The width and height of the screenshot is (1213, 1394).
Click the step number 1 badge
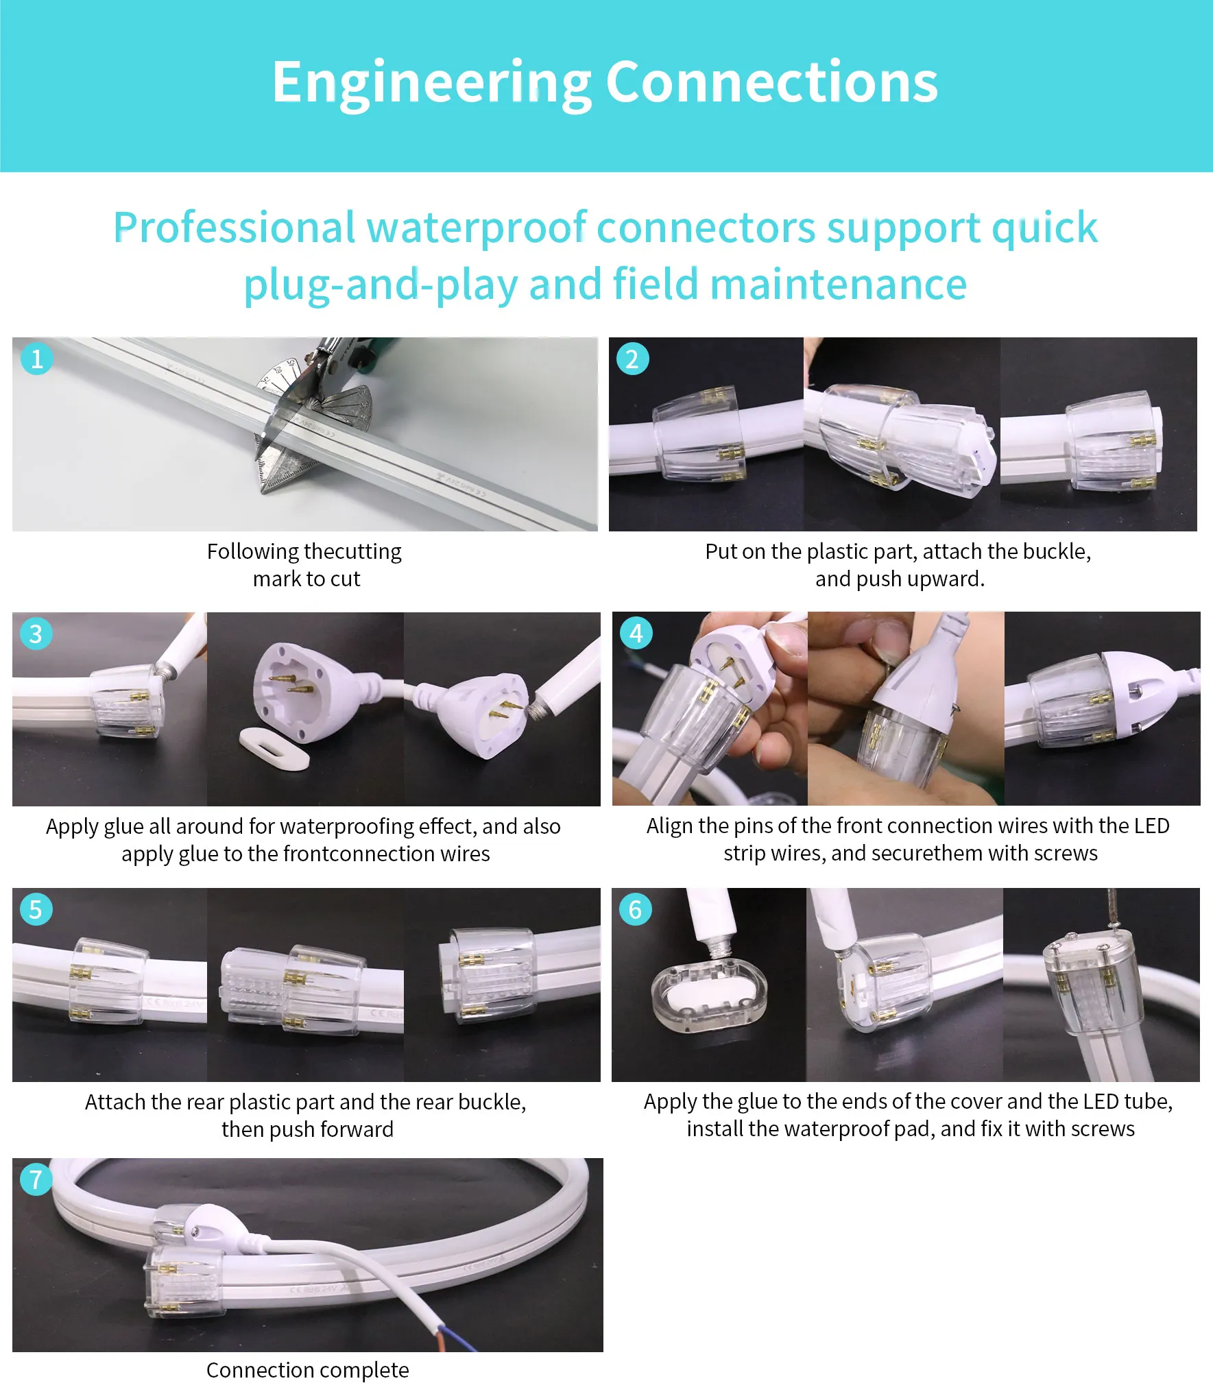tap(37, 359)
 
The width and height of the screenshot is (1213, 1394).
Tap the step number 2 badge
tap(632, 359)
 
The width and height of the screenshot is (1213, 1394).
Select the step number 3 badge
tap(36, 634)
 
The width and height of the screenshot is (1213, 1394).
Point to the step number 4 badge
tap(636, 633)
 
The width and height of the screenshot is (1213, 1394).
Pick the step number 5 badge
tap(36, 909)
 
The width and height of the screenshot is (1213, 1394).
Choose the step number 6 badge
tap(635, 909)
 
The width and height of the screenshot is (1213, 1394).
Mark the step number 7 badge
tap(36, 1179)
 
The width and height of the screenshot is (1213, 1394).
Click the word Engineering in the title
tap(432, 84)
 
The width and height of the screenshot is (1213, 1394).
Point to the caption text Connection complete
tap(307, 1369)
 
